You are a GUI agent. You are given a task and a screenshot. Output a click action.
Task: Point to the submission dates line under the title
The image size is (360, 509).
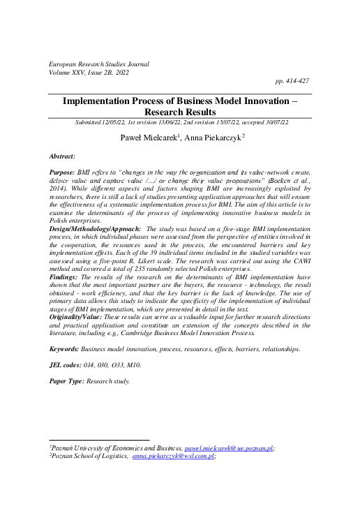click(x=179, y=122)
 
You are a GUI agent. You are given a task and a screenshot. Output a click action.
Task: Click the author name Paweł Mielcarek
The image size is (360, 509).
click(x=146, y=138)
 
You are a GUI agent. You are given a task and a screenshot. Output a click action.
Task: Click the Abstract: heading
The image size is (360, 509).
click(x=65, y=158)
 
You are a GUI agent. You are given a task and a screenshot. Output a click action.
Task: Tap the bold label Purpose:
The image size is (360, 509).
click(x=66, y=171)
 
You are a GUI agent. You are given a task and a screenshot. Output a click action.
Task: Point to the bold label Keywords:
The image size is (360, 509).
click(x=67, y=347)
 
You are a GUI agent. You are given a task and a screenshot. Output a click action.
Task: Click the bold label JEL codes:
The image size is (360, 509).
click(x=68, y=364)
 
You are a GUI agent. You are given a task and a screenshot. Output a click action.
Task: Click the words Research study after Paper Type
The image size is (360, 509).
click(x=110, y=381)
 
